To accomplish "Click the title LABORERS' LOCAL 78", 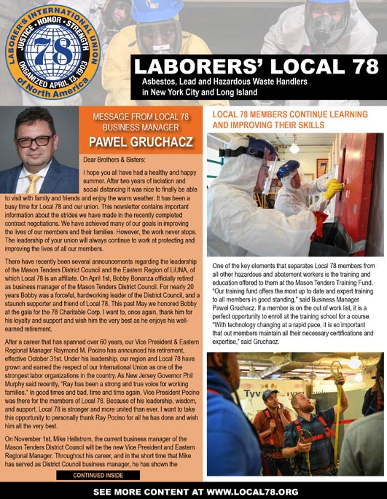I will (x=255, y=68).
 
